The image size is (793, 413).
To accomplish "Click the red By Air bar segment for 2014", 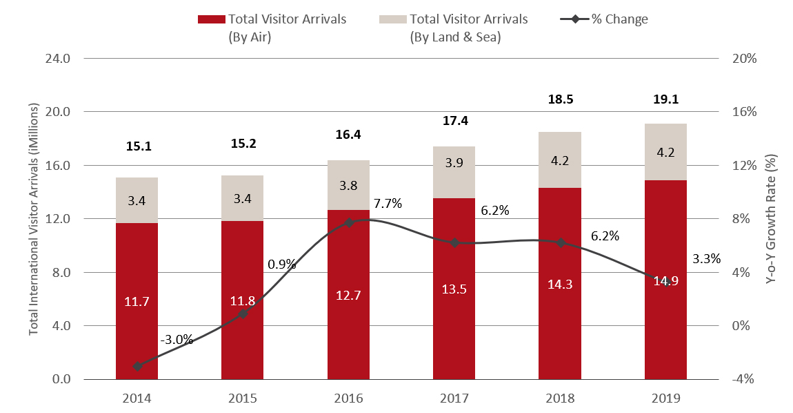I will [137, 276].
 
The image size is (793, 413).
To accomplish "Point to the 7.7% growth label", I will [388, 204].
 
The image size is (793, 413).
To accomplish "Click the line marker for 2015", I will [243, 314].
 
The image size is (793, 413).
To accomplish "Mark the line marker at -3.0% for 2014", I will [137, 366].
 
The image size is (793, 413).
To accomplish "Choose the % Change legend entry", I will [605, 19].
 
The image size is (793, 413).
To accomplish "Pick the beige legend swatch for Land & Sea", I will [391, 19].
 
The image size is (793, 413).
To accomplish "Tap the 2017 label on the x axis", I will [454, 398].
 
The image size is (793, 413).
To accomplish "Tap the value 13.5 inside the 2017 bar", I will [454, 289].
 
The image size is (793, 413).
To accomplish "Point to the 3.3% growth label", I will [706, 259].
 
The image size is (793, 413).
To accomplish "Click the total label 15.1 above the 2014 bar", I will [137, 146].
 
